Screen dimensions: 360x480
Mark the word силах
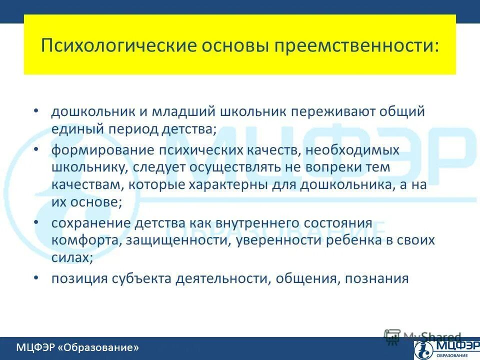(71, 257)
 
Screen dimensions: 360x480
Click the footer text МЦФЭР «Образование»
(77, 347)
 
